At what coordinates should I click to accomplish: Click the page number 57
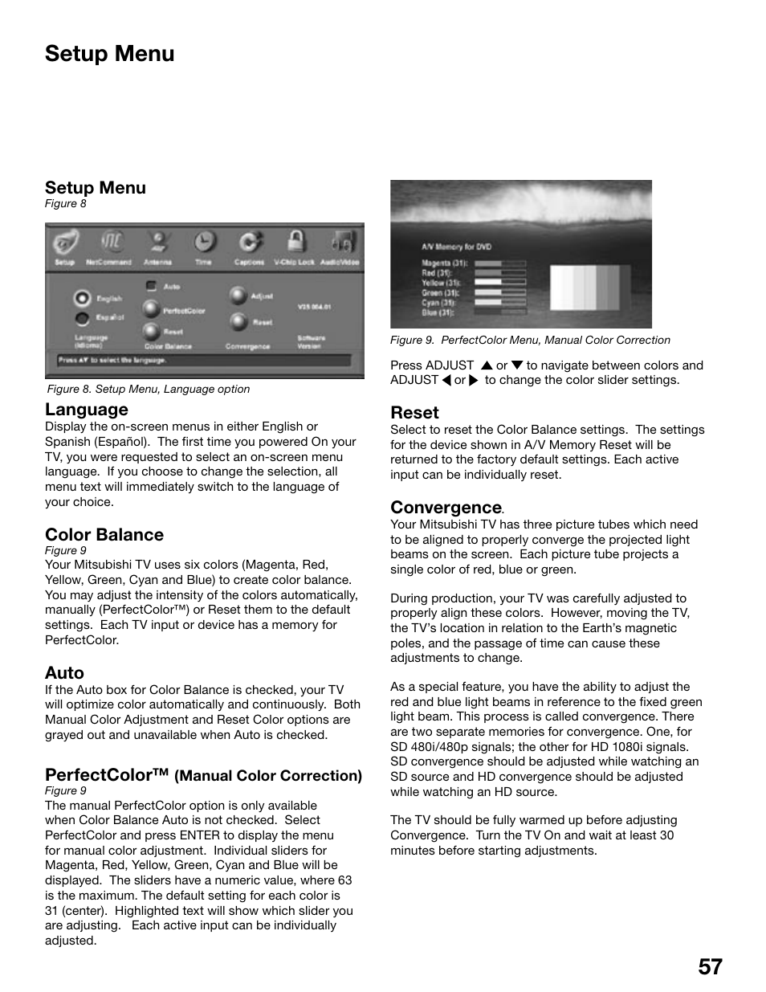click(710, 966)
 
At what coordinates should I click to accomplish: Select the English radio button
click(81, 298)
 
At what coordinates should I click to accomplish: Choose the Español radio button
click(81, 318)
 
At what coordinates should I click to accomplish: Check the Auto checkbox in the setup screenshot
click(151, 286)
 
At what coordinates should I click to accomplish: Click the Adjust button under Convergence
click(237, 296)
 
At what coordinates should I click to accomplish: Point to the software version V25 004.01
click(314, 307)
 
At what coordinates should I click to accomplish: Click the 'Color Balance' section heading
click(104, 535)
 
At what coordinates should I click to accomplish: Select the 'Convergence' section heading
click(446, 508)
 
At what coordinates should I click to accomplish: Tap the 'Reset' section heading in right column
click(414, 413)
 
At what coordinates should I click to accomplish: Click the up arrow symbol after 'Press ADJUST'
click(486, 365)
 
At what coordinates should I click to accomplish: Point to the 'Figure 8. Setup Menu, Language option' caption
click(149, 389)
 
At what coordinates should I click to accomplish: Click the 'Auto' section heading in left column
click(64, 673)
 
